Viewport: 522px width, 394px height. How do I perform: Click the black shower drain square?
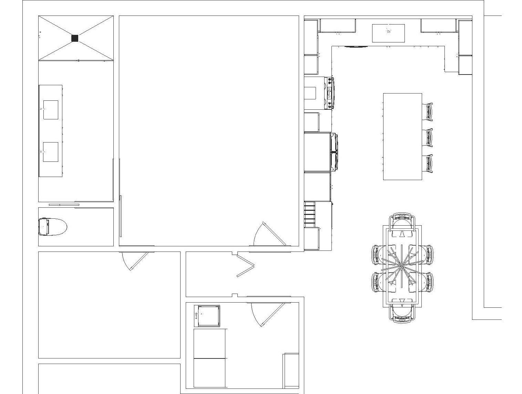(x=75, y=38)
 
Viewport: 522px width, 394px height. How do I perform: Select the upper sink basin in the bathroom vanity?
(x=51, y=110)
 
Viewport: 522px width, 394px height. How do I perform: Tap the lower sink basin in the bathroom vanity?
(x=51, y=152)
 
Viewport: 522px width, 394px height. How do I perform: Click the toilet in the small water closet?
(x=52, y=226)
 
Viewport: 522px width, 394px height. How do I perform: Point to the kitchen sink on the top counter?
(x=388, y=33)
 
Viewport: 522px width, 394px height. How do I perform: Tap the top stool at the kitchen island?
(x=428, y=112)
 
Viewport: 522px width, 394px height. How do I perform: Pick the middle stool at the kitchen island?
(x=428, y=138)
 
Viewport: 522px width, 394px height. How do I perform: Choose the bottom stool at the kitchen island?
(x=428, y=164)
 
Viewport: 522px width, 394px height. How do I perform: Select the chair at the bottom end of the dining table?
(x=402, y=313)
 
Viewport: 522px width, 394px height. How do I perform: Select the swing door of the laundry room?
(x=272, y=314)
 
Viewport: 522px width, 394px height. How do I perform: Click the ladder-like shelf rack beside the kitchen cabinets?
(x=310, y=214)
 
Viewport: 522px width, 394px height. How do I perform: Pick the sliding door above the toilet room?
(x=64, y=205)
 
